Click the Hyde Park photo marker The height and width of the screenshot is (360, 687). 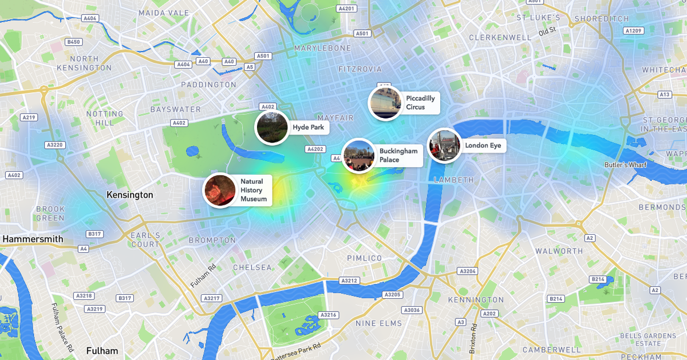(271, 127)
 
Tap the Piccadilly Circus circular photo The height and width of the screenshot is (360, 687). (385, 103)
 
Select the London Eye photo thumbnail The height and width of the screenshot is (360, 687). (444, 145)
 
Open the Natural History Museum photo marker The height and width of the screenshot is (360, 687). (220, 190)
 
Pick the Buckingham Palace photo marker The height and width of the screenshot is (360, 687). (358, 156)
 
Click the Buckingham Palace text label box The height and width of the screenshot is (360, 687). (398, 156)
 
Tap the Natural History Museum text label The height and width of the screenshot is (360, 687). (254, 190)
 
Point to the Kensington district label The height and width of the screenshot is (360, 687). (130, 195)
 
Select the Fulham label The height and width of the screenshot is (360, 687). (102, 351)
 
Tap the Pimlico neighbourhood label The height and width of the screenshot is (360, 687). (365, 258)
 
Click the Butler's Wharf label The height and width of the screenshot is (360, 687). (625, 165)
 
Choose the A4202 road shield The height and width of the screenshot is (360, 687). (315, 149)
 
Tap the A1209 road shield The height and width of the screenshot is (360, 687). (634, 30)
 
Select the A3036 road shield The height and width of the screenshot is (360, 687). (412, 310)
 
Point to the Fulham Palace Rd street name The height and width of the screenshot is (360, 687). (62, 328)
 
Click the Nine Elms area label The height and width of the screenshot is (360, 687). (379, 323)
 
